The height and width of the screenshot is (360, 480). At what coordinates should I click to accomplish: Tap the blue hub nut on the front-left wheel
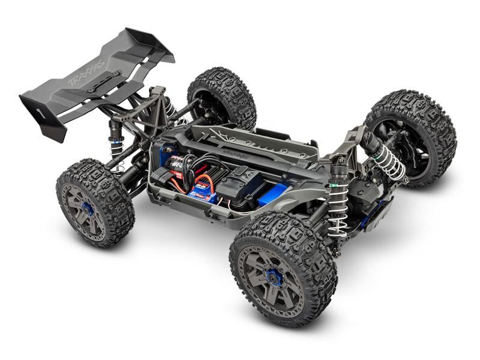275,278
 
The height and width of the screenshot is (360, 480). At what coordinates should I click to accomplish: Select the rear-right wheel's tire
223,96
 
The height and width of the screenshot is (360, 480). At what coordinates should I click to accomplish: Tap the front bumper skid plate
378,210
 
